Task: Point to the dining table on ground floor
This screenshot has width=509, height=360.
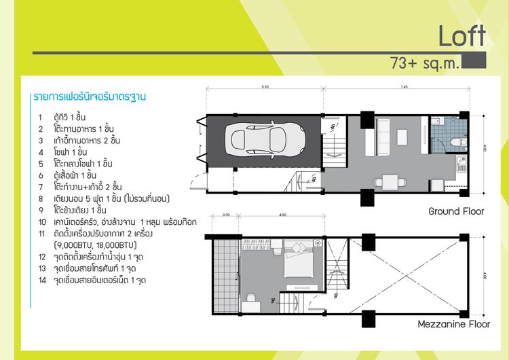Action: coord(390,181)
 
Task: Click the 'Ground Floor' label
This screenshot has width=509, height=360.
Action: coord(456,211)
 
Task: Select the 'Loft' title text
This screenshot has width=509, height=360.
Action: coord(461,36)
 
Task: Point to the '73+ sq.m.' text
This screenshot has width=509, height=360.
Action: coord(425,64)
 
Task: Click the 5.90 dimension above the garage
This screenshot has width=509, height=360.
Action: coord(265,87)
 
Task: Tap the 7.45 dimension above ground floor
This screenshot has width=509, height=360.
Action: coord(404,87)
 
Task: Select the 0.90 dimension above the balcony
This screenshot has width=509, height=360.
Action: coord(226,217)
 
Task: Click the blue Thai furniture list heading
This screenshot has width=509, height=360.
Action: coord(90,97)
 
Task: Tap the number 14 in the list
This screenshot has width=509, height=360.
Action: coord(41,280)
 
